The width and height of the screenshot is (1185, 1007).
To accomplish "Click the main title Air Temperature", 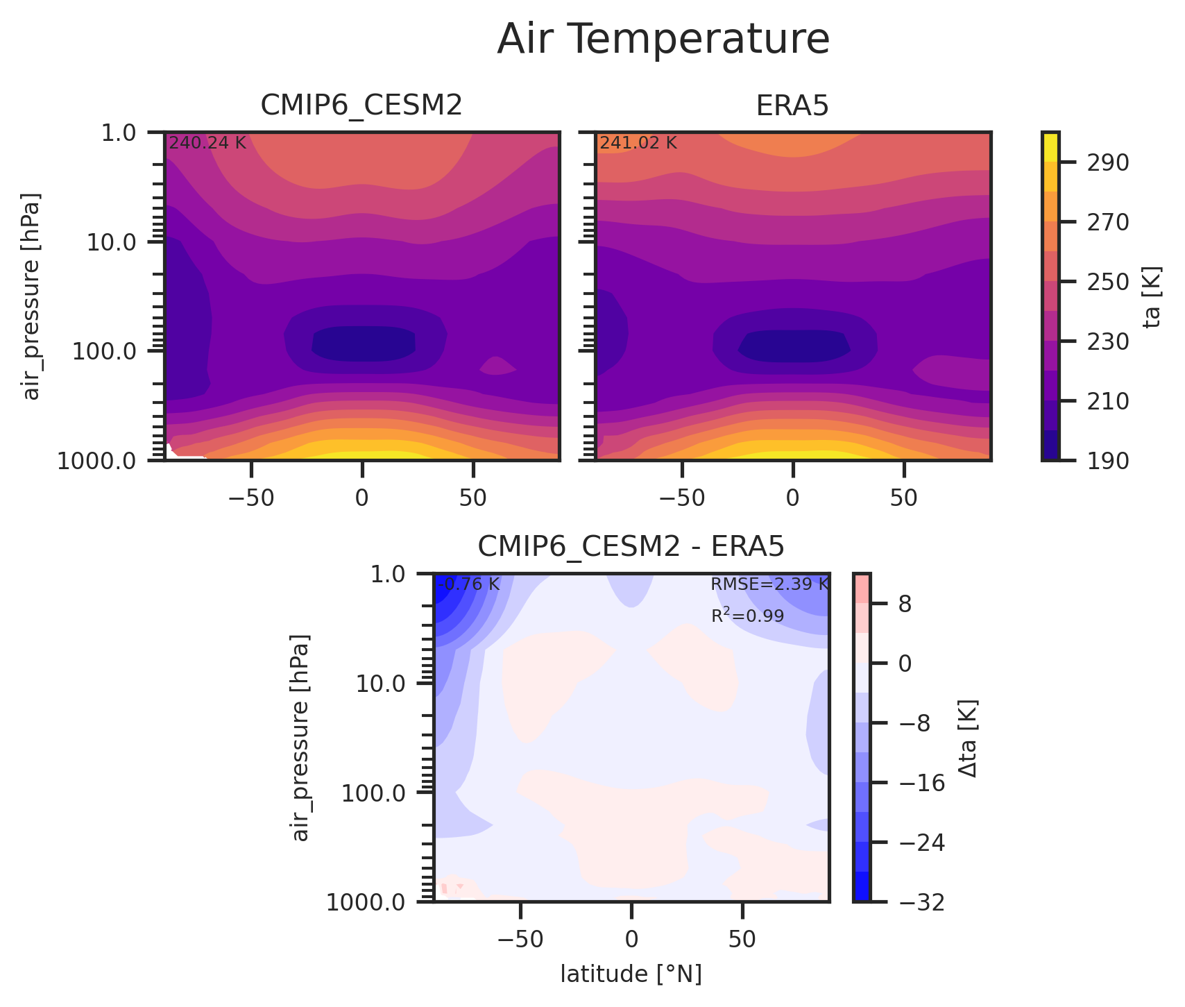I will coord(663,40).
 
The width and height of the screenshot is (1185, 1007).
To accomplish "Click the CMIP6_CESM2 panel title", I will coord(361,105).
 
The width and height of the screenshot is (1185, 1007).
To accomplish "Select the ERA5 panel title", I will coord(792,105).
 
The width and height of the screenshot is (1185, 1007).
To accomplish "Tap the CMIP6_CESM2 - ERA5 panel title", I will coord(631,547).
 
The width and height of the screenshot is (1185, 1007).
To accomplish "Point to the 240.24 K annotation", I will coord(207,143).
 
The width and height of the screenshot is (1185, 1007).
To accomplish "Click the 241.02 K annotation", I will coord(638,143).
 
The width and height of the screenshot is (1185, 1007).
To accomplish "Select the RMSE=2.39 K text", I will coord(769,584).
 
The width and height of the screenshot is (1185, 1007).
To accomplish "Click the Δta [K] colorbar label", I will coord(968,738).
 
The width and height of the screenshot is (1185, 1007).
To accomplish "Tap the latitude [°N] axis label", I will coord(631,974).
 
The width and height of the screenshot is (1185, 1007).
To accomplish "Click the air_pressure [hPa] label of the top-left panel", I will coord(31,296).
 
